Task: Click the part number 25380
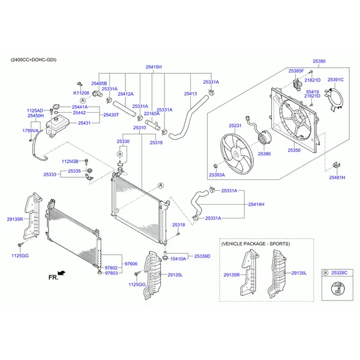pos(319,61)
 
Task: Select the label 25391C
pos(335,79)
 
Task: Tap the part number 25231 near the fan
pos(235,125)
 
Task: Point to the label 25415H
pos(152,67)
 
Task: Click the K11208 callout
pos(81,93)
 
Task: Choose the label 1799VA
pos(30,130)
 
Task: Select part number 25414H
pos(256,205)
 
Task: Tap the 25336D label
pos(202,256)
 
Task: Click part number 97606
pos(131,263)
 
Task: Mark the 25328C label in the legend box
pos(339,272)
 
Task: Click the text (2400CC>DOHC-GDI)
pos(33,60)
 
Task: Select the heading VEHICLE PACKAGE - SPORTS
pos(256,244)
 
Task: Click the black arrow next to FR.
pos(62,273)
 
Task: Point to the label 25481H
pos(337,178)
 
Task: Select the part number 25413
pos(190,94)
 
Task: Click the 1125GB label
pos(70,161)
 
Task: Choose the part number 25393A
pos(217,175)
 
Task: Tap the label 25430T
pos(111,115)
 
